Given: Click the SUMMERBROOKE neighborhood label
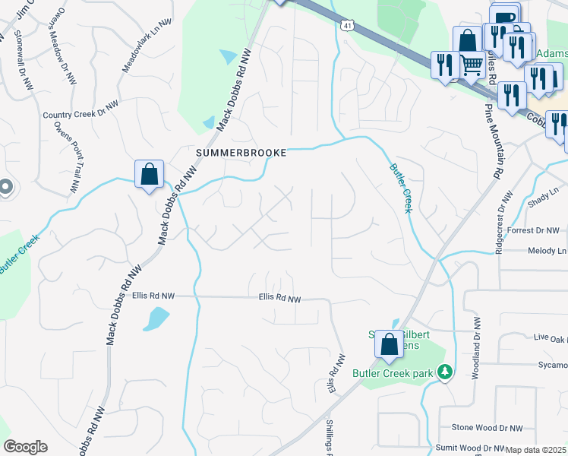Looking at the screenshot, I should pyautogui.click(x=241, y=153).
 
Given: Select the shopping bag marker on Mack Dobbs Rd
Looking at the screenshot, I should pyautogui.click(x=150, y=174).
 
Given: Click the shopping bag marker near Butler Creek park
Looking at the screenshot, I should pyautogui.click(x=389, y=345).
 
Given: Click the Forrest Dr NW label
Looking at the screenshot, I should pyautogui.click(x=533, y=230).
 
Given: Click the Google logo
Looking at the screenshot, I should pyautogui.click(x=25, y=446).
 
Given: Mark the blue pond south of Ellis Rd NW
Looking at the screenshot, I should pyautogui.click(x=156, y=318).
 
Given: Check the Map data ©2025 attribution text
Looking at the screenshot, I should pyautogui.click(x=536, y=450).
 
